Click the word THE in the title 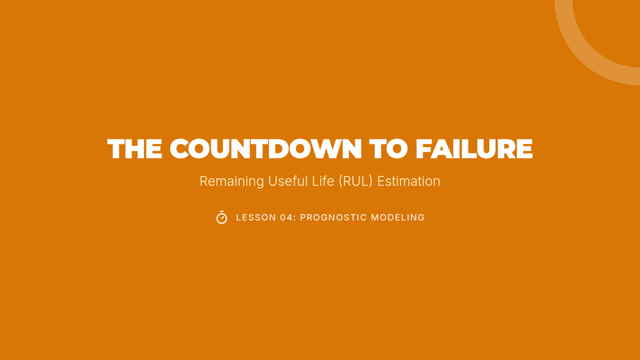click(x=135, y=149)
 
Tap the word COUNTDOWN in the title click(x=266, y=149)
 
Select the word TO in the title click(x=388, y=149)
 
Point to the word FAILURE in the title click(x=474, y=149)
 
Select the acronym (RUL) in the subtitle click(x=356, y=181)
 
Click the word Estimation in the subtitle click(x=409, y=181)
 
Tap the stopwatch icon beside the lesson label click(x=222, y=218)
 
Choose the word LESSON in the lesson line click(x=256, y=218)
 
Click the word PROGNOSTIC click(x=333, y=218)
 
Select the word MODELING click(x=398, y=218)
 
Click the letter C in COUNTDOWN click(x=180, y=149)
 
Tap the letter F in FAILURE click(x=423, y=149)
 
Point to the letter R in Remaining click(x=204, y=181)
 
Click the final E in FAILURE click(x=525, y=149)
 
